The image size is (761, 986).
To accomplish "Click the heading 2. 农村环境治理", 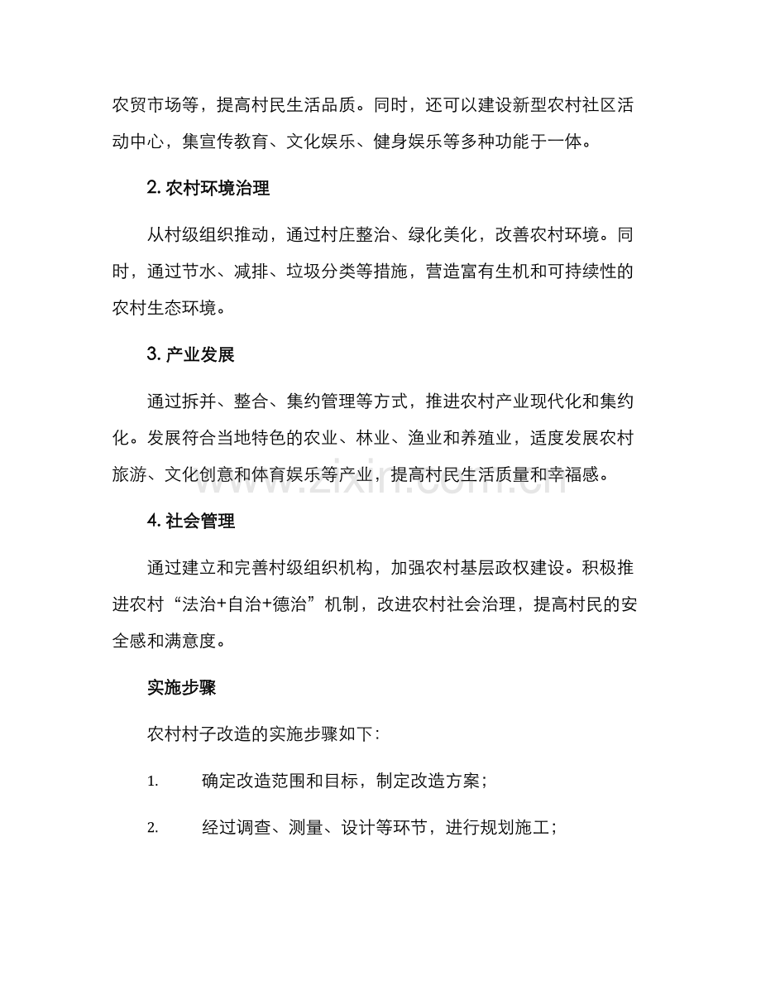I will [x=208, y=188].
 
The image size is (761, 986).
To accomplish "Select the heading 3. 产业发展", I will [x=190, y=355].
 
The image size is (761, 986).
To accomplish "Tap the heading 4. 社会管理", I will [x=190, y=522].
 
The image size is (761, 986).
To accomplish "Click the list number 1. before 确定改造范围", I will [x=152, y=782].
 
